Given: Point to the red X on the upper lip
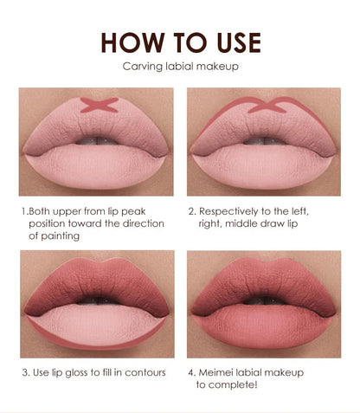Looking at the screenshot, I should pyautogui.click(x=100, y=106).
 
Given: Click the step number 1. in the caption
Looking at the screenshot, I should pyautogui.click(x=24, y=210).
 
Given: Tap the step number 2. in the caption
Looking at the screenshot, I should pyautogui.click(x=191, y=210).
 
